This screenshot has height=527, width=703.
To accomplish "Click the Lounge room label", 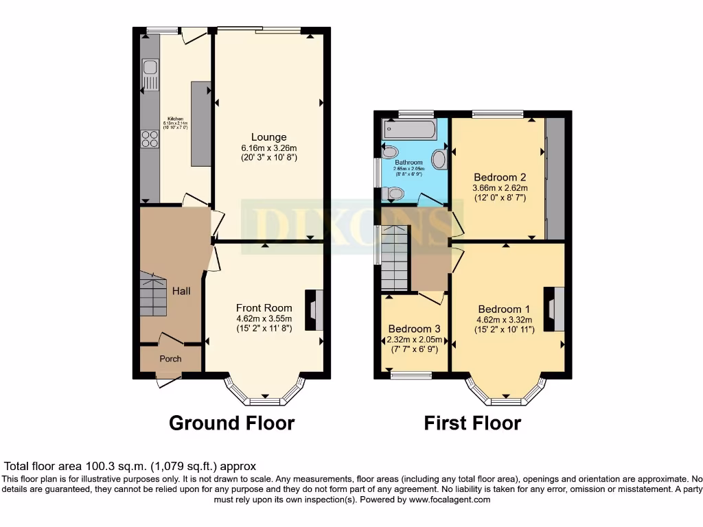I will click(268, 137).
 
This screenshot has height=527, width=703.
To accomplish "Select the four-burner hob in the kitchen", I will click(150, 139).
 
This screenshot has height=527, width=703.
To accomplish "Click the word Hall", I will click(181, 291).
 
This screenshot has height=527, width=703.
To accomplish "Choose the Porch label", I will click(171, 358).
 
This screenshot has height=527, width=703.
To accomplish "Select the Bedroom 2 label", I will click(498, 176).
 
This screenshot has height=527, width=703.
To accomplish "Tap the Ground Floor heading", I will click(231, 423).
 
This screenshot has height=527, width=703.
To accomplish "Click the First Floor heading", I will click(472, 423).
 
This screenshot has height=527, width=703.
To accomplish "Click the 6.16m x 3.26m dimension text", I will click(268, 148).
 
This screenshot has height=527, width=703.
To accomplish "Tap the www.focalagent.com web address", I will click(449, 500).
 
